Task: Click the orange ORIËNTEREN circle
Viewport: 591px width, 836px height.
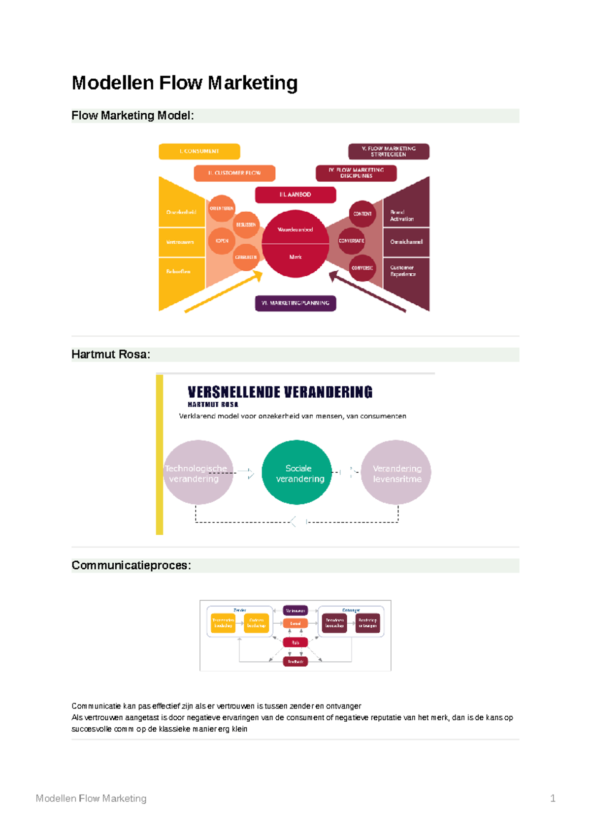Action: (222, 209)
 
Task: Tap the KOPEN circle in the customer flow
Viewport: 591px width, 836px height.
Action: (222, 241)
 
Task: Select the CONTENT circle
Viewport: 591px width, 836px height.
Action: (362, 214)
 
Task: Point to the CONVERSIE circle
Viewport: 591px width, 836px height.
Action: (362, 268)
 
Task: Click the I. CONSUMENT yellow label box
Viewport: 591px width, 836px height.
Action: (199, 151)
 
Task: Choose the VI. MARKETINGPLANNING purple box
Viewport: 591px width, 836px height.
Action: (295, 303)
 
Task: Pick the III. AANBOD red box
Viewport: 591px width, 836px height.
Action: (295, 194)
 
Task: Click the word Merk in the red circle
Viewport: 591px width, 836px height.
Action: (295, 257)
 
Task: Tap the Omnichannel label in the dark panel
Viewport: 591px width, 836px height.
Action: (406, 242)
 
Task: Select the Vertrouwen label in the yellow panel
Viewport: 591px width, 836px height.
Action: (180, 242)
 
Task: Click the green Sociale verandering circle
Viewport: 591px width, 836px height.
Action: (297, 472)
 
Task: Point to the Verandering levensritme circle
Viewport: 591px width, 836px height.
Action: (396, 472)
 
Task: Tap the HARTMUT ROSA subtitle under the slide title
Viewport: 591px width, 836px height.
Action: (213, 405)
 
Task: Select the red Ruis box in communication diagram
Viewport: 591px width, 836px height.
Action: (295, 643)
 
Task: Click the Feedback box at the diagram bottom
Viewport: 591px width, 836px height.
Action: (295, 662)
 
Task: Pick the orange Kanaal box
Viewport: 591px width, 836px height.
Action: (295, 623)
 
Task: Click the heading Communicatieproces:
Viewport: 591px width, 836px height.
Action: (131, 565)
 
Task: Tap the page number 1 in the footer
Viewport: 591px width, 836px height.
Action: (553, 798)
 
